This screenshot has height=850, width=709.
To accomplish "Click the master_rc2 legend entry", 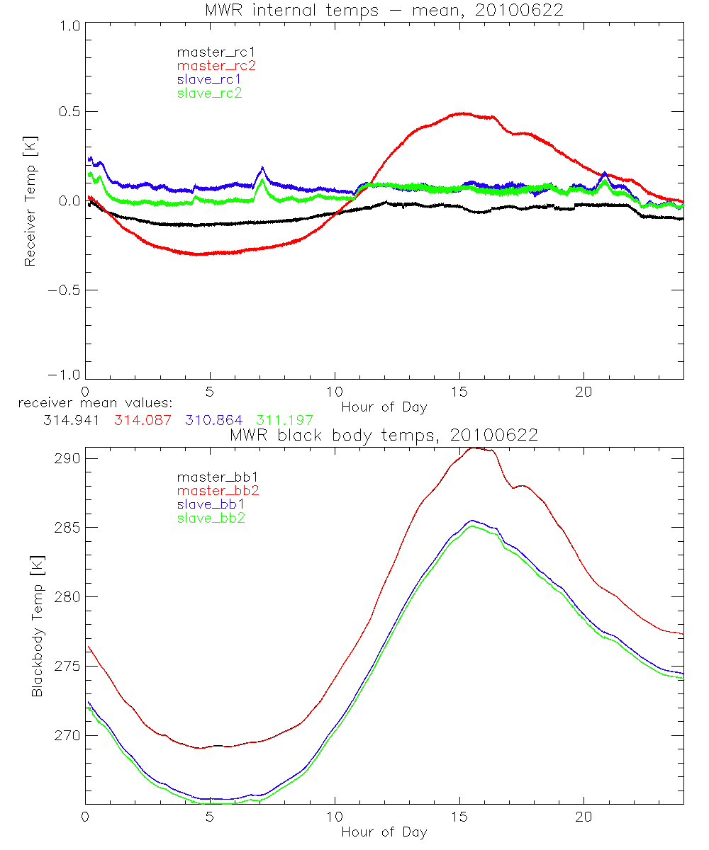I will pos(216,65).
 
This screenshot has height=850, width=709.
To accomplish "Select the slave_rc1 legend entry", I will pos(209,79).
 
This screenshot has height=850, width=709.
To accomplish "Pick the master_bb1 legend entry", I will pos(212,476).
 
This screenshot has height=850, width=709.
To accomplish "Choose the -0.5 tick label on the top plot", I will pos(62,290).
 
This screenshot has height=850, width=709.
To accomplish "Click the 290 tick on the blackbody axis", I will pos(65,459).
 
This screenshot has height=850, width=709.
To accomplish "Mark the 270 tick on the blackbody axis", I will pos(65,736).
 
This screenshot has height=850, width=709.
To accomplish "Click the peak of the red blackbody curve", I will pos(474,448).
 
